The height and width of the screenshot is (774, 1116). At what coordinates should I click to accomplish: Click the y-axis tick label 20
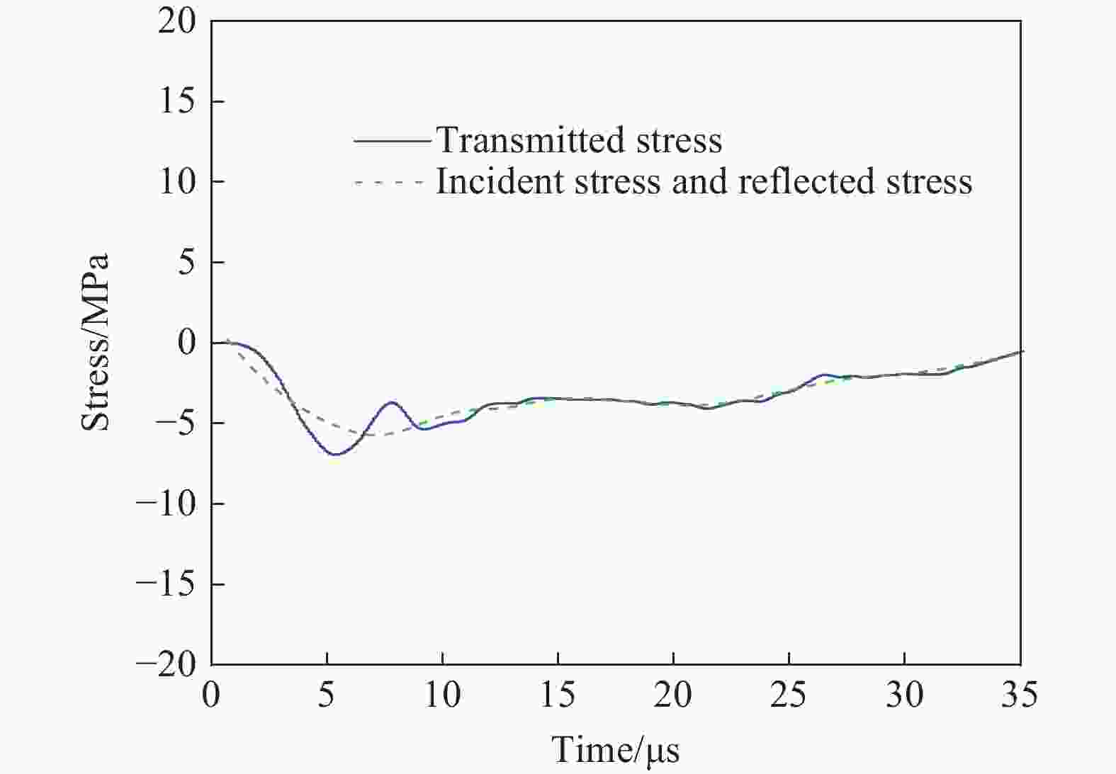coord(176,21)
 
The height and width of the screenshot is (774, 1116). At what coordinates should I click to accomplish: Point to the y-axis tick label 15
coord(176,101)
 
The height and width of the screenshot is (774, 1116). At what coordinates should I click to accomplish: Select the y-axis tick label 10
coord(176,182)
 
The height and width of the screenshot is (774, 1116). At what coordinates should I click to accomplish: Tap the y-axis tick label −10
coord(167,503)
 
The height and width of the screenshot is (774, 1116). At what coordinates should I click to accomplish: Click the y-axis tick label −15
coord(167,584)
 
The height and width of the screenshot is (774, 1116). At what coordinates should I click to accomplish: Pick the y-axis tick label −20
coord(167,664)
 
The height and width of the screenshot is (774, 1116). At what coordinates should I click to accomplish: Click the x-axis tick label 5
coord(327,695)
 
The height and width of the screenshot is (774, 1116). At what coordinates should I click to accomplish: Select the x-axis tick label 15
coord(558,695)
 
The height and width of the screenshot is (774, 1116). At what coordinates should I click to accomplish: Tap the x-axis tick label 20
coord(673,695)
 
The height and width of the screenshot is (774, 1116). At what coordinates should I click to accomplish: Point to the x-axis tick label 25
coord(789,695)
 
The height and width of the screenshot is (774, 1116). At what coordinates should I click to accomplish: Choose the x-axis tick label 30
coord(904,695)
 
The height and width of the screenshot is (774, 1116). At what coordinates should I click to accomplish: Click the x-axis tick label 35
coord(1020,695)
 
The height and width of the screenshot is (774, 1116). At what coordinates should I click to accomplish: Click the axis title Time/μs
coord(615,750)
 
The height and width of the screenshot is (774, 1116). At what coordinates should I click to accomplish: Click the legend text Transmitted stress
coord(579,140)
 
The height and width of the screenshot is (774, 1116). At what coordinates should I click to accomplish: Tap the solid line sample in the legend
coord(392,141)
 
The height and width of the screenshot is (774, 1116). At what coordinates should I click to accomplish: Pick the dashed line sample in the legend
coord(392,183)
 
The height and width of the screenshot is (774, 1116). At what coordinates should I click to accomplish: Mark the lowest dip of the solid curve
coord(335,454)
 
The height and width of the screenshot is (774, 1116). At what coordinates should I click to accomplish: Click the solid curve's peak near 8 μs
coord(392,402)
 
